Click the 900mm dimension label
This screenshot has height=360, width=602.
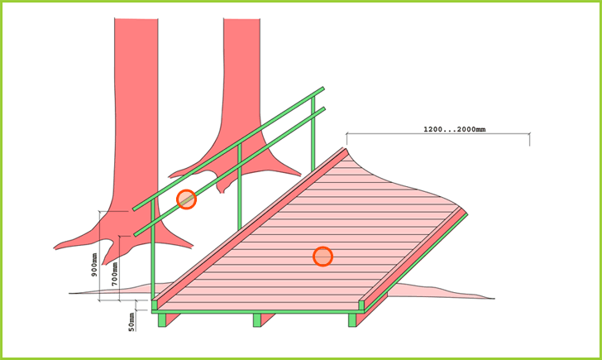pyautogui.click(x=94, y=265)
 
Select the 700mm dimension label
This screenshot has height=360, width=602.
pyautogui.click(x=114, y=274)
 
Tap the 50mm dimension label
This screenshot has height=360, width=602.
pyautogui.click(x=131, y=322)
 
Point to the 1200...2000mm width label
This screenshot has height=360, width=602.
pyautogui.click(x=454, y=129)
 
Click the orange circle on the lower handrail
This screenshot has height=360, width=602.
pyautogui.click(x=187, y=199)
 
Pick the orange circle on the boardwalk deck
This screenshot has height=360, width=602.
pyautogui.click(x=322, y=257)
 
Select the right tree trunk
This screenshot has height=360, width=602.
pyautogui.click(x=241, y=96)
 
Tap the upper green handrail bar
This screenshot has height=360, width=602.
pyautogui.click(x=229, y=148)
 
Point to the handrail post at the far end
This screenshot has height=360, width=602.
pyautogui.click(x=313, y=133)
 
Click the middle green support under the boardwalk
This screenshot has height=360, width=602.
pyautogui.click(x=257, y=320)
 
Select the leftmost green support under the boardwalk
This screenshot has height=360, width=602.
pyautogui.click(x=162, y=320)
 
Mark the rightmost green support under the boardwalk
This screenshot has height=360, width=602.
pyautogui.click(x=352, y=320)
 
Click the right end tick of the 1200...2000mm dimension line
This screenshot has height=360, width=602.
pyautogui.click(x=530, y=139)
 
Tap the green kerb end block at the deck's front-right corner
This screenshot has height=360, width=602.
pyautogui.click(x=361, y=306)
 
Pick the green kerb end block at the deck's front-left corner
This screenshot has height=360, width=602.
pyautogui.click(x=155, y=306)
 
